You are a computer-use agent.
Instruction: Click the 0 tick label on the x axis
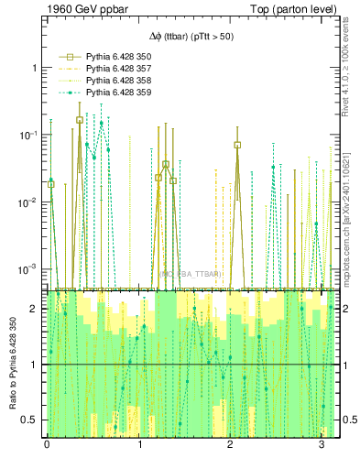coord(47,445)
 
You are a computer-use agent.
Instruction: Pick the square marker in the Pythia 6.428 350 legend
coord(66,57)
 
